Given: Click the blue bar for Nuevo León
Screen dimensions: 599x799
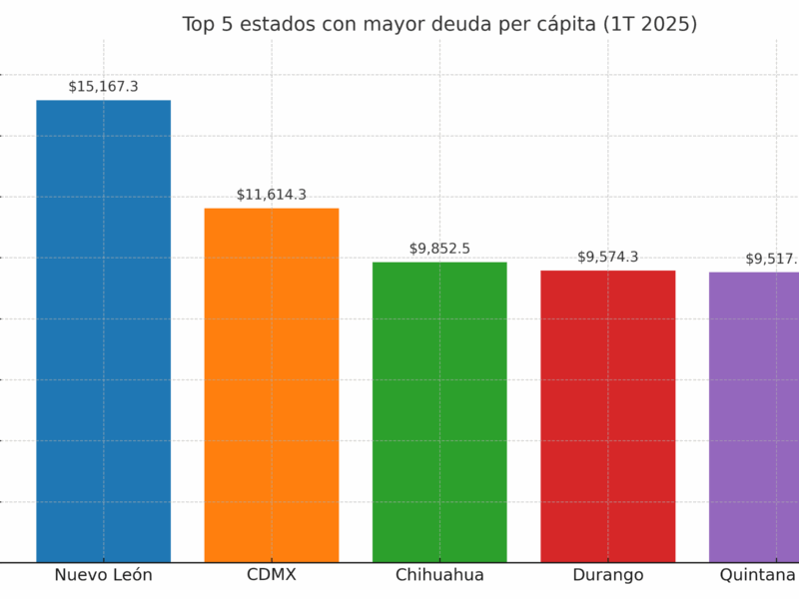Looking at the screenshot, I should pos(103,330).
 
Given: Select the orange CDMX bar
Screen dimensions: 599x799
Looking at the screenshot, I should pos(272,384).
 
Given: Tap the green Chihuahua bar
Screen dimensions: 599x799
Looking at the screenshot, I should pos(439,411).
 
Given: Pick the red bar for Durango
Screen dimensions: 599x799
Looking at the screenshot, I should pos(607,415).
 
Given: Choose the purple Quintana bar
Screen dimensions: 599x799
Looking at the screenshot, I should pos(755,416).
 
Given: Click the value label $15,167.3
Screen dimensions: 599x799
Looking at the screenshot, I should pos(103,87).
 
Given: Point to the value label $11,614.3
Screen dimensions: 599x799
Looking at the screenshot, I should pos(272,195).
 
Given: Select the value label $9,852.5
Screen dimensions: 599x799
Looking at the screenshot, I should pos(439,249).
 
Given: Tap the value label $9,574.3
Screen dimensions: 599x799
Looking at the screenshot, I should pos(607,257).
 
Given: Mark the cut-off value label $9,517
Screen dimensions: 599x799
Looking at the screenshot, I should pos(771,259).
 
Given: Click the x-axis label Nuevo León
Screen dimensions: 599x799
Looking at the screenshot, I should pos(103,575).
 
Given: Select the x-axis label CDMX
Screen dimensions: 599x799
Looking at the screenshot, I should pos(272,575).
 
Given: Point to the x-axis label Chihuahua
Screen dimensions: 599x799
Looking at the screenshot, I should pos(439,575).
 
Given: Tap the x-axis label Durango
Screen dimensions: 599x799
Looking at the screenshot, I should pos(607,575).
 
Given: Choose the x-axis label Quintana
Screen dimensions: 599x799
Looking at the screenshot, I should pos(758,575).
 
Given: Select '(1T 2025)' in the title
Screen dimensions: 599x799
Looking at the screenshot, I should pos(651,25).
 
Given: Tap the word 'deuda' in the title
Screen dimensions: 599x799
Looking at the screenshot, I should pos(461,25).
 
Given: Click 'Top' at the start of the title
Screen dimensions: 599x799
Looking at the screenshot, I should pos(200,25).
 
